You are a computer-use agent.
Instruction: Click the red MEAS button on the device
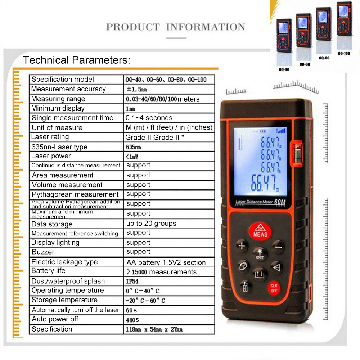pos(260,231)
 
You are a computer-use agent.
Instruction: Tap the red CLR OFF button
pos(274,288)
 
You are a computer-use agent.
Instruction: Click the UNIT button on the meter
pos(260,253)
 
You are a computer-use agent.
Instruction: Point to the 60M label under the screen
pos(280,203)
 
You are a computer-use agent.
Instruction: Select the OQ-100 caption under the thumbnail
pos(344,53)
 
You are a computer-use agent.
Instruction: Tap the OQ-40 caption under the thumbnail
pos(284,69)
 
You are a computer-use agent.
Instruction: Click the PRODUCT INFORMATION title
pos(176,27)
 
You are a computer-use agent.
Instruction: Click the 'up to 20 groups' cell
pos(151,224)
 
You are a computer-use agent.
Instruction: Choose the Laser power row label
pos(51,156)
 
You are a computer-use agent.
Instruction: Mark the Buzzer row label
pos(43,252)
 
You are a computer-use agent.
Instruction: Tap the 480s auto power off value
pos(132,319)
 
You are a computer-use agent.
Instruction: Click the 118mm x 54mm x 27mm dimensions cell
pos(154,329)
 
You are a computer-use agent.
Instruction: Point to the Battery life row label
pos(49,271)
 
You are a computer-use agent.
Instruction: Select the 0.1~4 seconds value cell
pos(149,118)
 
